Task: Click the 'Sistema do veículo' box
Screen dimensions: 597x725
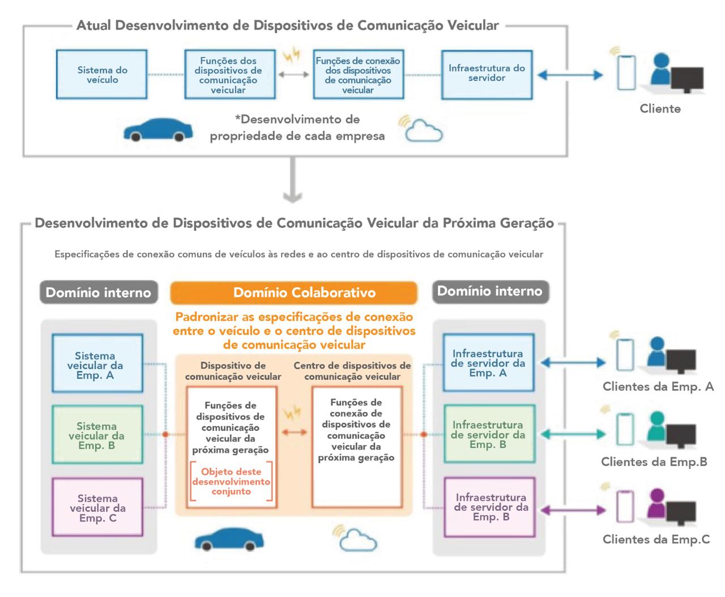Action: coord(102,75)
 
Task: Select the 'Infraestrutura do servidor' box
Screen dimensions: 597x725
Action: coord(487,74)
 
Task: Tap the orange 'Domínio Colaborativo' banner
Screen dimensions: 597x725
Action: coord(293,293)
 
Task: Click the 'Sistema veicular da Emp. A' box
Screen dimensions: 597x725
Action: coord(97,364)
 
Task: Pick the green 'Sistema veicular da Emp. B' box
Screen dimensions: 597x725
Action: coord(97,435)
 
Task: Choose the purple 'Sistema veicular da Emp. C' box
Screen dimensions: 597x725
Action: coord(97,507)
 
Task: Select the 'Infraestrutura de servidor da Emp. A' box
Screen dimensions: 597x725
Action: coord(488,363)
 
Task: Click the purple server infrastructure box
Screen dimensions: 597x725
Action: coord(490,507)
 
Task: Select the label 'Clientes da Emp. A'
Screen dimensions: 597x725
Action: coord(658,387)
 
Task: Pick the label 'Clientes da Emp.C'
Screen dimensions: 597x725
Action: coord(656,539)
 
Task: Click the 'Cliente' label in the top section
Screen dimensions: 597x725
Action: coord(660,108)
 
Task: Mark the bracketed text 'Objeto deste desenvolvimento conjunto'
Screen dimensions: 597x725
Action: coord(231,481)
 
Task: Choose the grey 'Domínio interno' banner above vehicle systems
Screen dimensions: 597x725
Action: coord(98,293)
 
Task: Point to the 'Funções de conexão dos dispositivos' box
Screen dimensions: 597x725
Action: coord(358,75)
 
